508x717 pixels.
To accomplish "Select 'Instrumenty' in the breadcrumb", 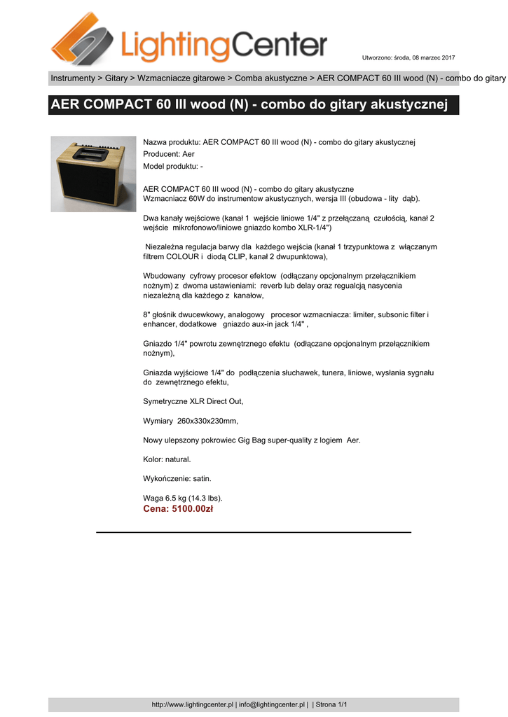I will (72, 78).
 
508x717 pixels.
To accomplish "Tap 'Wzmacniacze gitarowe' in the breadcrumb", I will (181, 78).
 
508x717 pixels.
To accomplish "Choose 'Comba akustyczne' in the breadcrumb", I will (270, 78).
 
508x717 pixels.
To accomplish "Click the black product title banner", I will (254, 106).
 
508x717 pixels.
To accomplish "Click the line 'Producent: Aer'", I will (169, 154).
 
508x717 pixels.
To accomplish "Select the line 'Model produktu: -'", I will (173, 166).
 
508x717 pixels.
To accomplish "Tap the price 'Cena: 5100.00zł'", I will (178, 509).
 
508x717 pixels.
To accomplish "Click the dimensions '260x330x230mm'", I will (207, 421).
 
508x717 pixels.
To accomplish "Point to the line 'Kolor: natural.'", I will (167, 459).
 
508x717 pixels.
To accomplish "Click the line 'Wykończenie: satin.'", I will (177, 478).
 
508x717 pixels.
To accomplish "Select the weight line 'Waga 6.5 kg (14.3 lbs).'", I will (183, 498).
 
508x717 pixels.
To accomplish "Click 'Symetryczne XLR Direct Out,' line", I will (193, 401).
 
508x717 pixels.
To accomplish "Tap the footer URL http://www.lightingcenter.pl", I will (192, 704).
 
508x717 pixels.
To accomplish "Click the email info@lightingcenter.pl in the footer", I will (272, 704).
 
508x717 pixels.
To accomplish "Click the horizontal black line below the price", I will (254, 533).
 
